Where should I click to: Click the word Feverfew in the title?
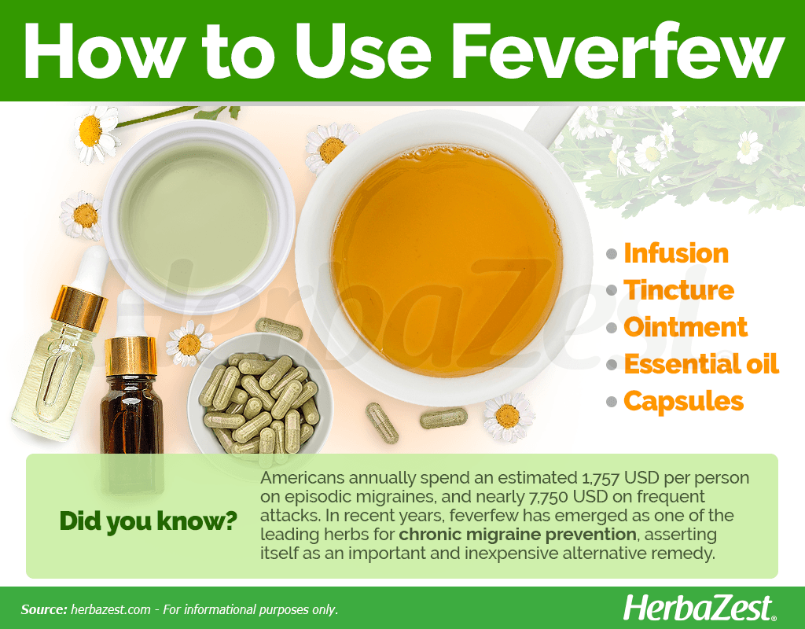[618, 52]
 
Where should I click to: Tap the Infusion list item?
[675, 254]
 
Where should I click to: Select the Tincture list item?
[678, 290]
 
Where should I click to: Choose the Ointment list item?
[686, 327]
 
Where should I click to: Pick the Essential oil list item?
[701, 364]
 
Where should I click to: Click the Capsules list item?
[683, 402]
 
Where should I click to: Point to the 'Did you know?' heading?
[149, 520]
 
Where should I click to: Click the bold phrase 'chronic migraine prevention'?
[517, 535]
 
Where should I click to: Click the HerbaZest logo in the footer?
[699, 609]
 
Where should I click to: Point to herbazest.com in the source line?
[110, 609]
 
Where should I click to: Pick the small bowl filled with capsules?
[259, 395]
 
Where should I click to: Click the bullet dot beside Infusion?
[611, 254]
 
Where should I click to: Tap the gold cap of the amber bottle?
[130, 355]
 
